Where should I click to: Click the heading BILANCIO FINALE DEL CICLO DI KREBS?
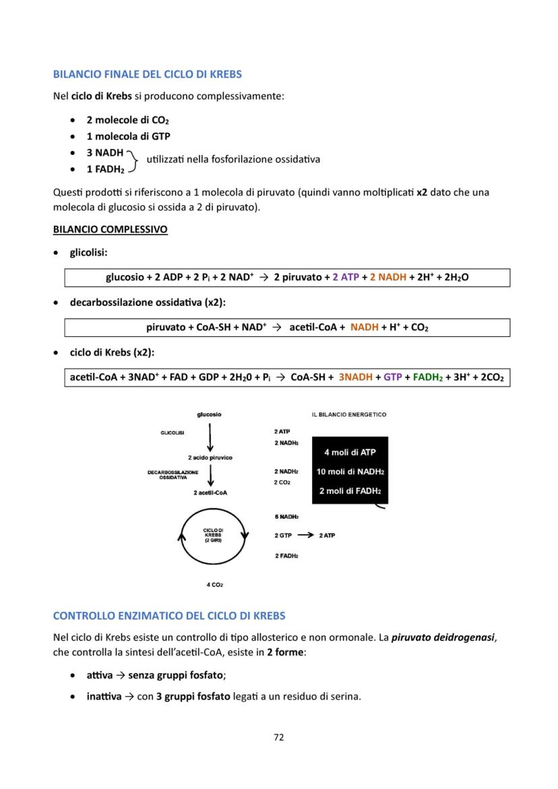pos(147,73)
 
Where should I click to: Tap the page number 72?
pos(279,737)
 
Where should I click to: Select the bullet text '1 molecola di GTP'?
pos(127,136)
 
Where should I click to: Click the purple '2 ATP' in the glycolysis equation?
pos(346,277)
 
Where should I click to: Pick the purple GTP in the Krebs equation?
pos(392,377)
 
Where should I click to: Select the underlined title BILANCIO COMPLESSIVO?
pos(110,229)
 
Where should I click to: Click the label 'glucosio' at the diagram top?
pos(209,414)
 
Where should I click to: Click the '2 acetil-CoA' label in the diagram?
pos(210,493)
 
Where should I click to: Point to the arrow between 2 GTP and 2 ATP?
pos(305,535)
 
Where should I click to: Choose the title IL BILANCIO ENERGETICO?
pos(349,414)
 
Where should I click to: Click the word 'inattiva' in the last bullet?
pos(101,696)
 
